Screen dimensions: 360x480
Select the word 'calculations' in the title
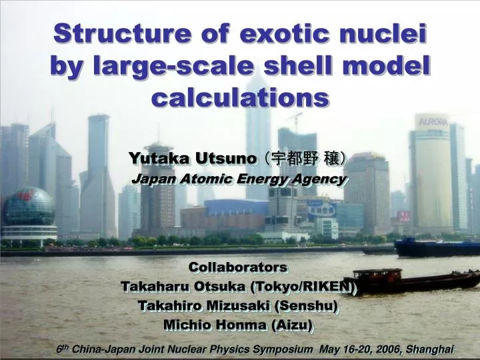[x=240, y=97]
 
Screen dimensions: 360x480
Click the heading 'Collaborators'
[x=238, y=267]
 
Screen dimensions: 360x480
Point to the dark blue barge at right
[x=437, y=248]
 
